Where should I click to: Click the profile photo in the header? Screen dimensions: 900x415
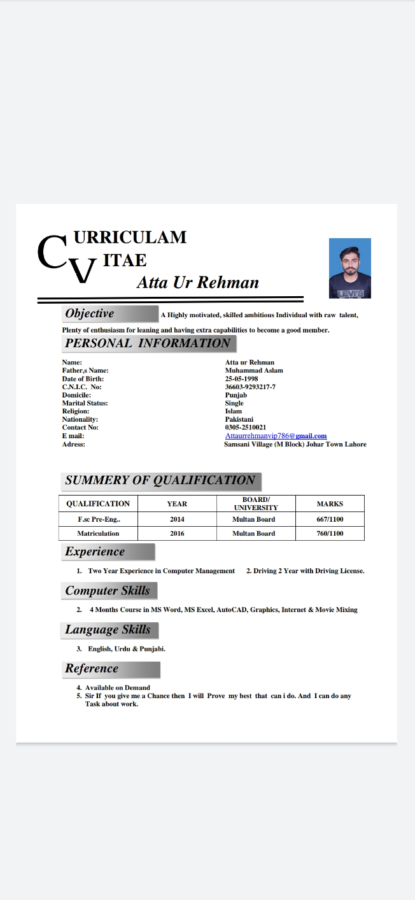[x=349, y=268]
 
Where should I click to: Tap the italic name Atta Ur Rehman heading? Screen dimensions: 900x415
[x=197, y=282]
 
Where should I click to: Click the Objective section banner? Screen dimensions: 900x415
[x=110, y=313]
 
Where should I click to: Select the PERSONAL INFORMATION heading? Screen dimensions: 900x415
[x=148, y=343]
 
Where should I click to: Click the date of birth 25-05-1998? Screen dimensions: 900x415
[x=241, y=378]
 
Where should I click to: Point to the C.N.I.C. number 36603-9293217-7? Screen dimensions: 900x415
[x=250, y=387]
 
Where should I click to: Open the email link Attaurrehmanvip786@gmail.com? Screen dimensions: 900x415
[x=276, y=436]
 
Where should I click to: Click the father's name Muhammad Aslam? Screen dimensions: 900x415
[x=254, y=370]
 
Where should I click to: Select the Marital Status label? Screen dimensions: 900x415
[x=85, y=403]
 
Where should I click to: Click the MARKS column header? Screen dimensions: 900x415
[x=330, y=504]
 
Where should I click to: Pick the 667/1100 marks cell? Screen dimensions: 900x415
[x=330, y=519]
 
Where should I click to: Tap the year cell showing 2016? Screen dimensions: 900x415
[x=177, y=533]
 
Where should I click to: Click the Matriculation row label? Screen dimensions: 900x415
[x=98, y=533]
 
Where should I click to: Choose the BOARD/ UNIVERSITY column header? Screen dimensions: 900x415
[x=256, y=504]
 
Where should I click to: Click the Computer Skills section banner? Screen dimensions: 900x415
[x=108, y=590]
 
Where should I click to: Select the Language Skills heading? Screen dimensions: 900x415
[x=109, y=630]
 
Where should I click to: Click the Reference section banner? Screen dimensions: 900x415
[x=111, y=669]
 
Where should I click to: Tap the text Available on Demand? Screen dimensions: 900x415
[x=118, y=688]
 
